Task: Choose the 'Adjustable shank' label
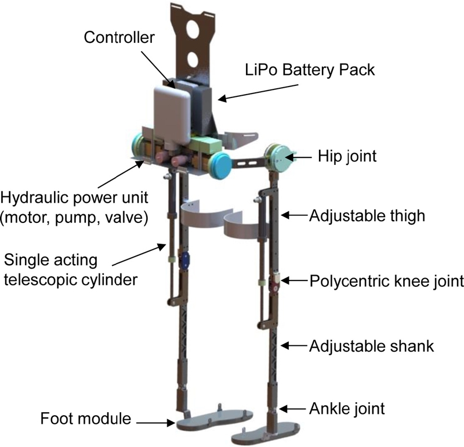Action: point(372,347)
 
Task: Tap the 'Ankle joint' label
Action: point(347,408)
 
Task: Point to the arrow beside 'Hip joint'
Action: point(302,157)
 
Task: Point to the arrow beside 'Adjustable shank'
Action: point(294,347)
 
